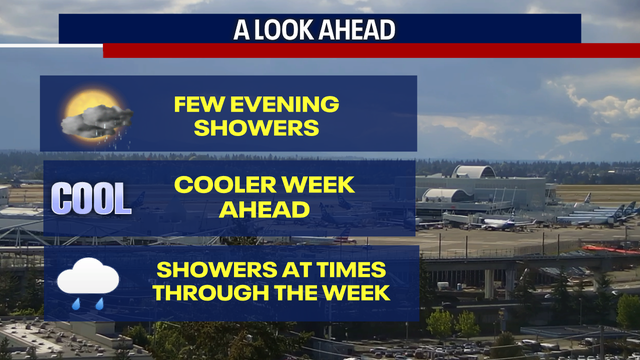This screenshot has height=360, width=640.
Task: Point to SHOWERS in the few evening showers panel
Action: click(257, 127)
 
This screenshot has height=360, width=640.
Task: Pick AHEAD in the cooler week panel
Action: click(256, 210)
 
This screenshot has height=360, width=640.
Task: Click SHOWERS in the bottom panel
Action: click(211, 270)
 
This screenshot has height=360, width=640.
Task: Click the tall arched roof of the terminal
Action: click(472, 172)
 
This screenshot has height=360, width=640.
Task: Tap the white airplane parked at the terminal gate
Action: click(505, 224)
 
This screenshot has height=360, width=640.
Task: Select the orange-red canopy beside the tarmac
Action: click(609, 248)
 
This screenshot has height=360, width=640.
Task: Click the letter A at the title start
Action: click(239, 29)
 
